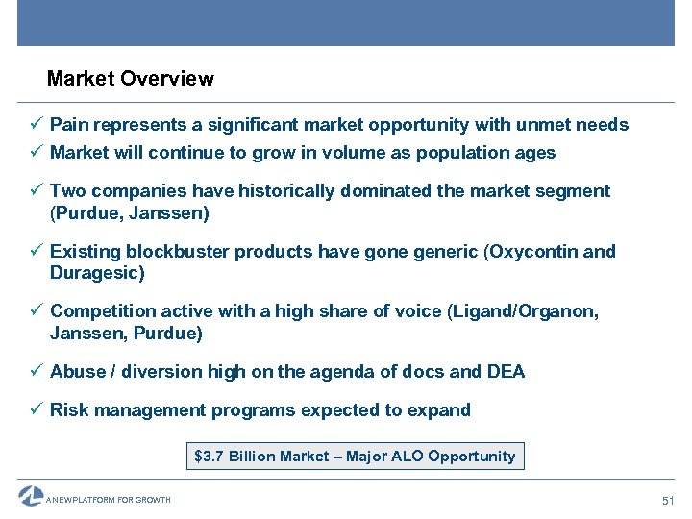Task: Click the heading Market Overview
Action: click(130, 79)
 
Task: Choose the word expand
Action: click(440, 410)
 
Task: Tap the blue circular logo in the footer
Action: click(30, 497)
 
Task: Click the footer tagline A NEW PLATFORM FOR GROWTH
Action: click(108, 500)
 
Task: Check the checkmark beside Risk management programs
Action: click(36, 410)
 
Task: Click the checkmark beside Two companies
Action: click(36, 191)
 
